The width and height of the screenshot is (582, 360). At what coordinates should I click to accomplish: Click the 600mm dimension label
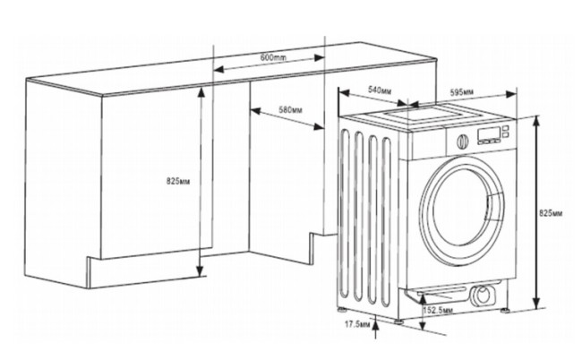(272, 57)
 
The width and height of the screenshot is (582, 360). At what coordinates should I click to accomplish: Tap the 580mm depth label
(289, 110)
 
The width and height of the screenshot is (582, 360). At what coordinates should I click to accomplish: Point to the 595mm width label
(462, 91)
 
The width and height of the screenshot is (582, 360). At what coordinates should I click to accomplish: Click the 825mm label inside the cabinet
(179, 180)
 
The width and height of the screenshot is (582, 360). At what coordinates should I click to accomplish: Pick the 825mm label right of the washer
(552, 215)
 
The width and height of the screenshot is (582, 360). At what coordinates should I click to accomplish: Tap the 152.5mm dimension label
(438, 310)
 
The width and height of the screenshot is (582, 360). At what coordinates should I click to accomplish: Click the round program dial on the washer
(462, 141)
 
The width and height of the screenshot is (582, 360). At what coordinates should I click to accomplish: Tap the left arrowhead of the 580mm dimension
(253, 111)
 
